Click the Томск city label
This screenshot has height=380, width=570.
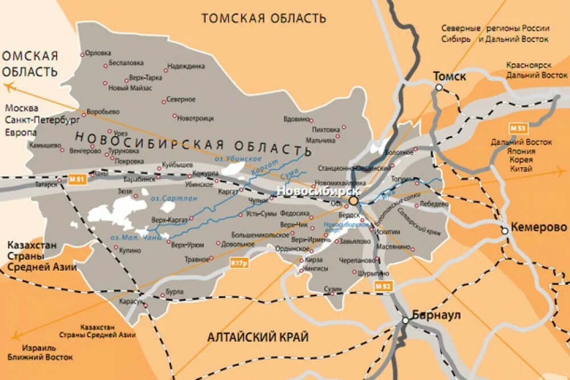tap(449, 76)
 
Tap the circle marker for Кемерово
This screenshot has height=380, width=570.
tap(504, 231)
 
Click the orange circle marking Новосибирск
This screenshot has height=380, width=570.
tap(353, 201)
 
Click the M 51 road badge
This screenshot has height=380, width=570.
tap(78, 180)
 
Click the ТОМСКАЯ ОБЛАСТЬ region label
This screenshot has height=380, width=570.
tap(263, 18)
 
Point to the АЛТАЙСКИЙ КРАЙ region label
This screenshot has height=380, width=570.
tap(258, 337)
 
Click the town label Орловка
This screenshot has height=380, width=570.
tap(98, 54)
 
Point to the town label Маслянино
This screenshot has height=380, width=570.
tap(393, 247)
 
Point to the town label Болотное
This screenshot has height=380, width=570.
tap(398, 152)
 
